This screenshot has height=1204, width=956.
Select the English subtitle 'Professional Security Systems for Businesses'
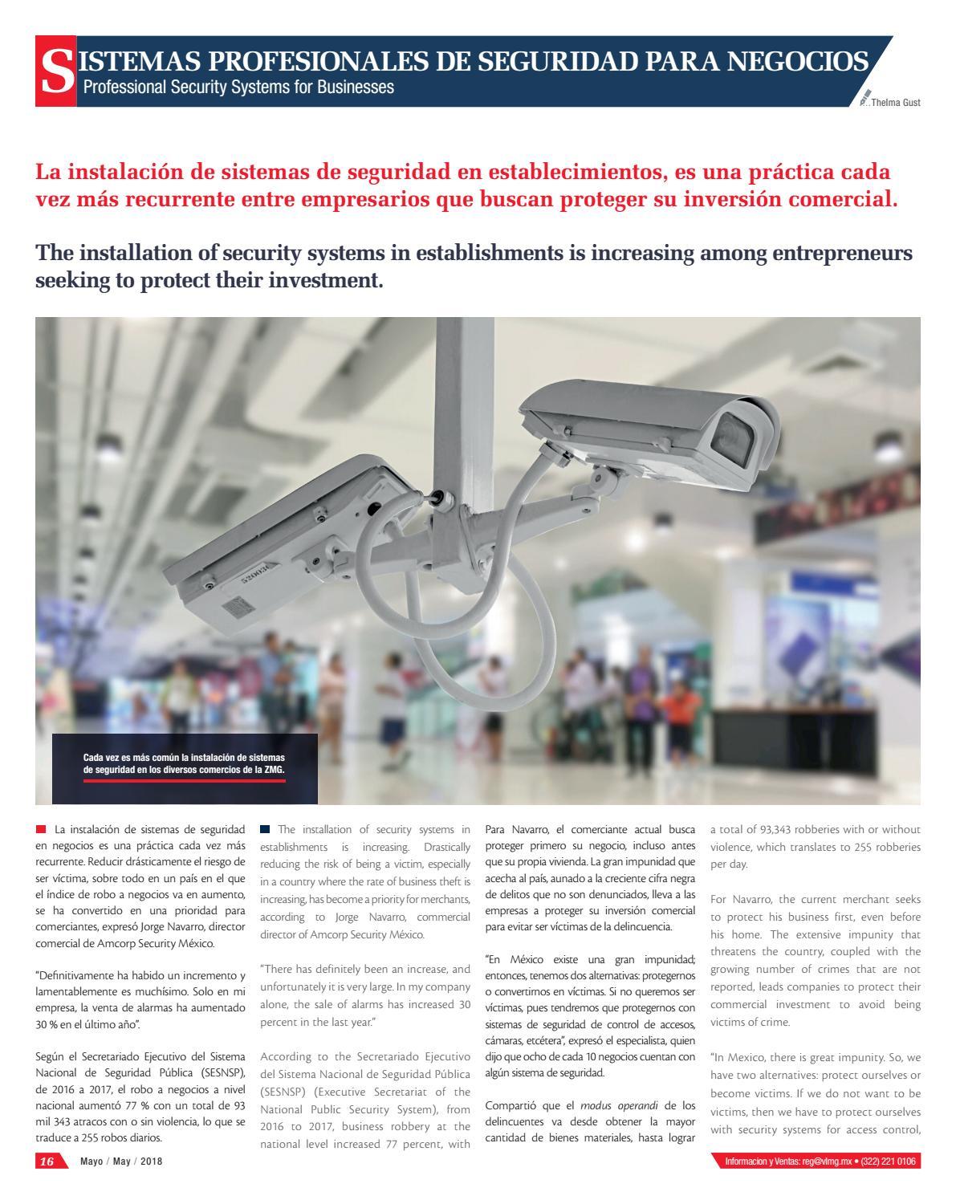coord(234,87)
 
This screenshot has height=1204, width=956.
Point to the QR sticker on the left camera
coord(232,603)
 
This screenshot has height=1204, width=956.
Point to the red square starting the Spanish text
coord(41,828)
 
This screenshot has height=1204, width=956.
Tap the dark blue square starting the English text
coord(265,828)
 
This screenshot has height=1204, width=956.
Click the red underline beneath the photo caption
coord(185,780)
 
